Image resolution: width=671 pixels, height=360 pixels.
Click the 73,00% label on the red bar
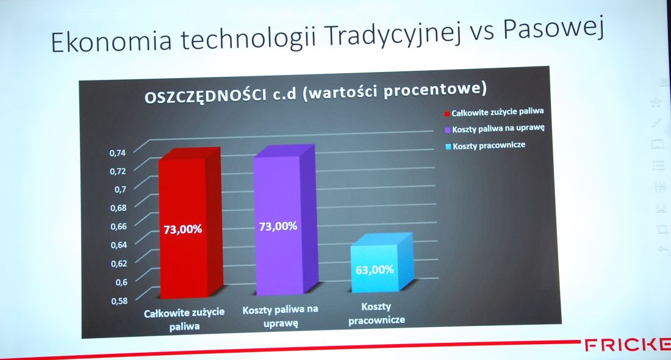tap(183, 229)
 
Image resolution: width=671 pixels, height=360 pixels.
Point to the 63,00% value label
tap(375, 270)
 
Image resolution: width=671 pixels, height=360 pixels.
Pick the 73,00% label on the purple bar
tap(278, 226)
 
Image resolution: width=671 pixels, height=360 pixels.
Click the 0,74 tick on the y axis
tap(118, 153)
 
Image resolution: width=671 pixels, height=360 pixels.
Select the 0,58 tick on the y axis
tap(120, 301)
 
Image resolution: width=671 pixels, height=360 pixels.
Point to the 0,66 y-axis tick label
tap(118, 226)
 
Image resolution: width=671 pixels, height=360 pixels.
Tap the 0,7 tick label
tap(121, 189)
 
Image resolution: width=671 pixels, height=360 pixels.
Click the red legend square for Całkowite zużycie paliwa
tap(447, 114)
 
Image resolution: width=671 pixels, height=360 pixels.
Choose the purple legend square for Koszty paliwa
tap(448, 130)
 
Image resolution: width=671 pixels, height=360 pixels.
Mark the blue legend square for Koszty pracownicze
tap(448, 147)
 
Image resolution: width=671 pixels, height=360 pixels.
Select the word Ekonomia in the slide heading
tap(111, 41)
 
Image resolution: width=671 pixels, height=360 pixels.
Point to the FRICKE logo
tap(627, 345)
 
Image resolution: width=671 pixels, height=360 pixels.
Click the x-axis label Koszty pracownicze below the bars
tap(376, 314)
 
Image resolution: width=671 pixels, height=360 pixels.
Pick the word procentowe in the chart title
tap(435, 90)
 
